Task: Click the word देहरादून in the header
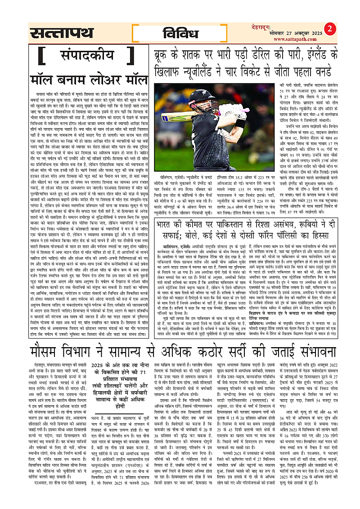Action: click(304, 27)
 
